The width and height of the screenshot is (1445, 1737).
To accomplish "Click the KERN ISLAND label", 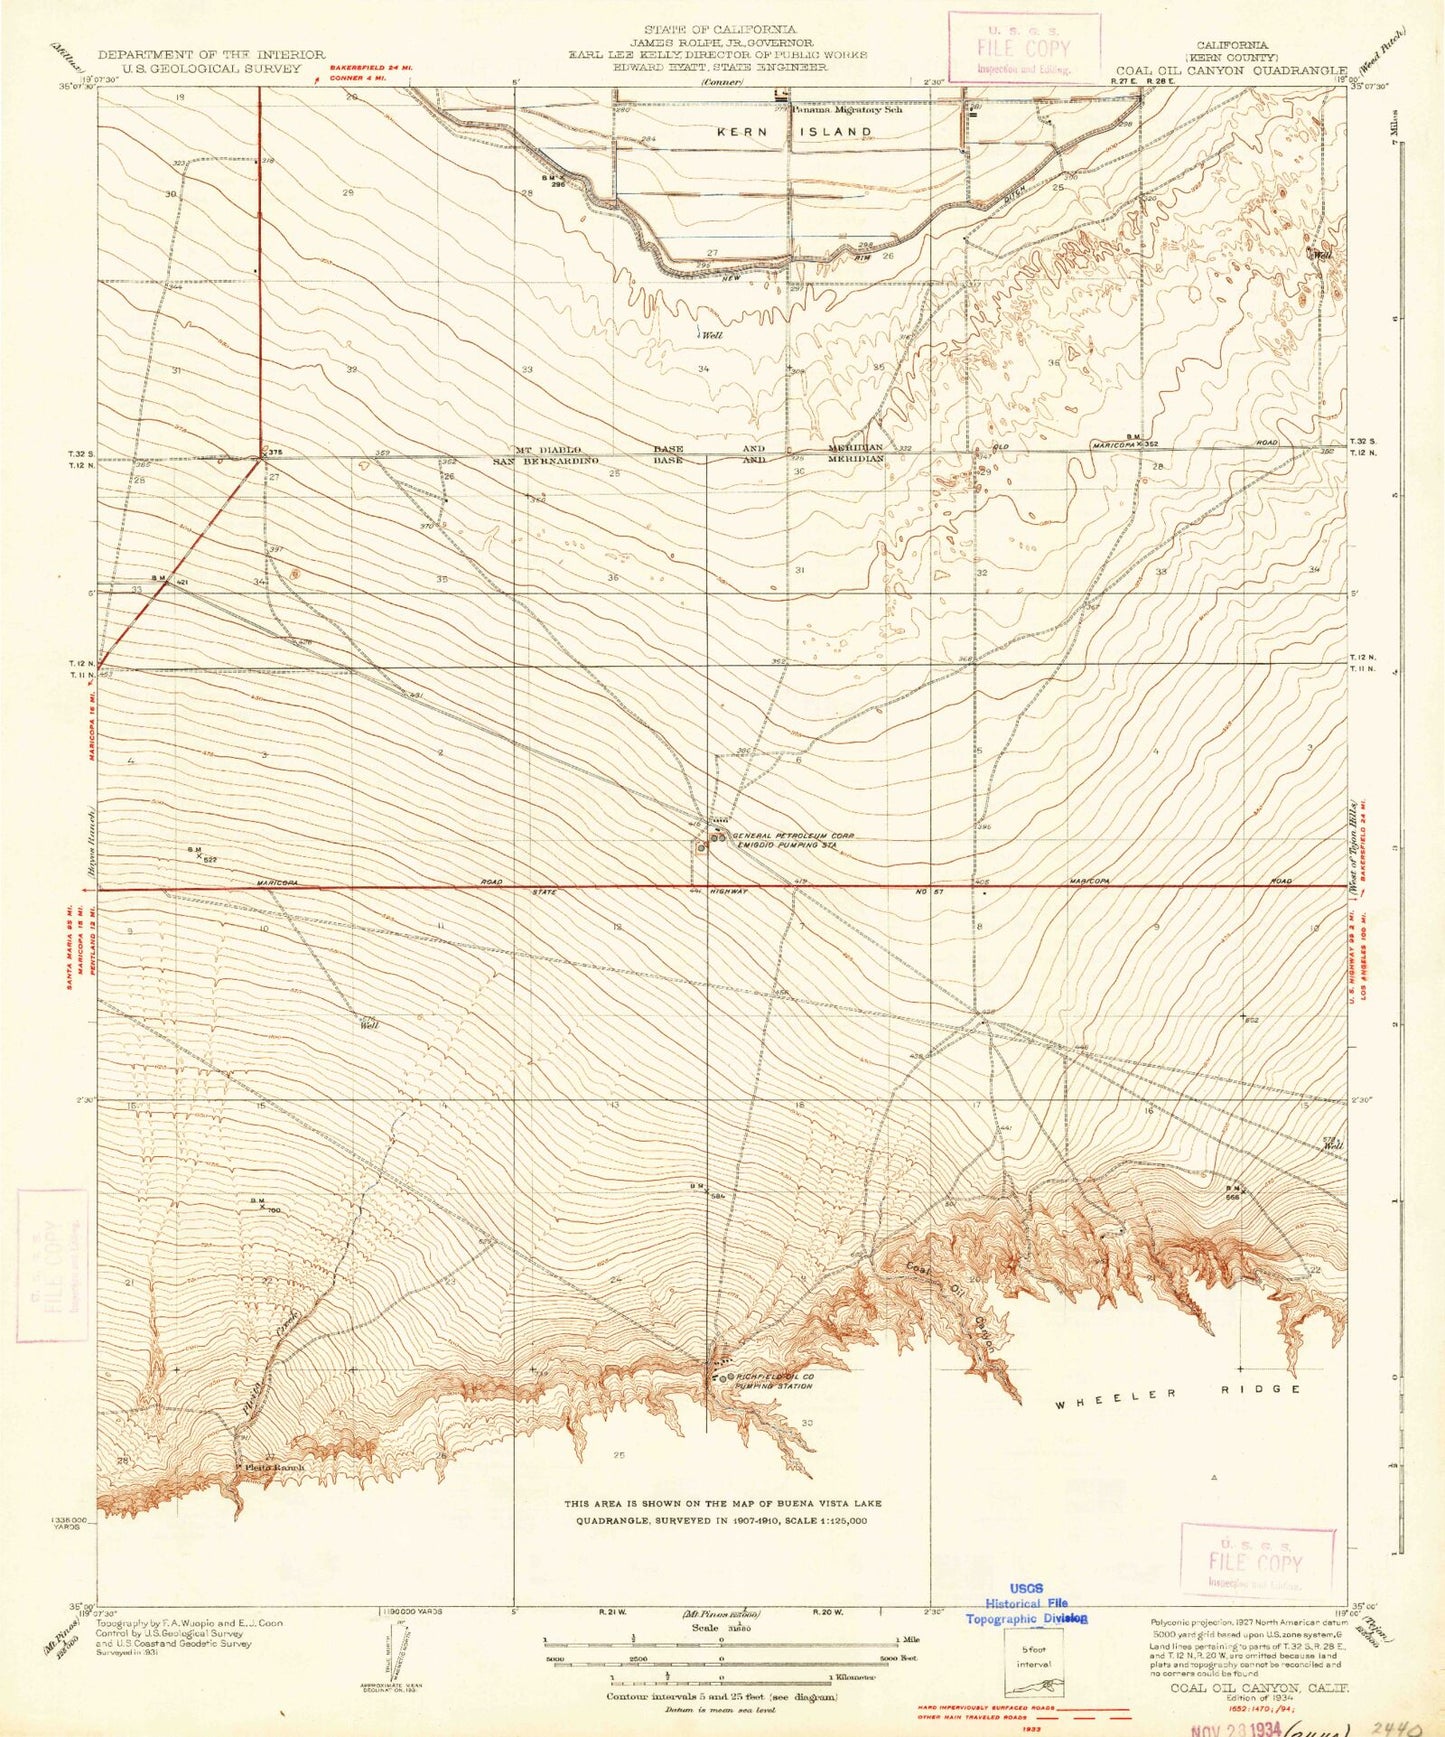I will click(x=794, y=131).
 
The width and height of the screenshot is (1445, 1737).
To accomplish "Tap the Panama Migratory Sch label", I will click(x=848, y=110).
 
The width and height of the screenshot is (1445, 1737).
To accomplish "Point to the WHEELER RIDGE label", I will click(x=1179, y=1390).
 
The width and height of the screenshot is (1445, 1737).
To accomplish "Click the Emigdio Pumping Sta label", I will click(x=786, y=846).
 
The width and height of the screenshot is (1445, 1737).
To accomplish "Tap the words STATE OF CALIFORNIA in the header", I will click(x=720, y=30).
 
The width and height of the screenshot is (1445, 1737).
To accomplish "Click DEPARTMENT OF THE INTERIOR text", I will click(x=211, y=55).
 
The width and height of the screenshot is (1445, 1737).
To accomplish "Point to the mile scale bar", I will click(x=720, y=1641).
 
